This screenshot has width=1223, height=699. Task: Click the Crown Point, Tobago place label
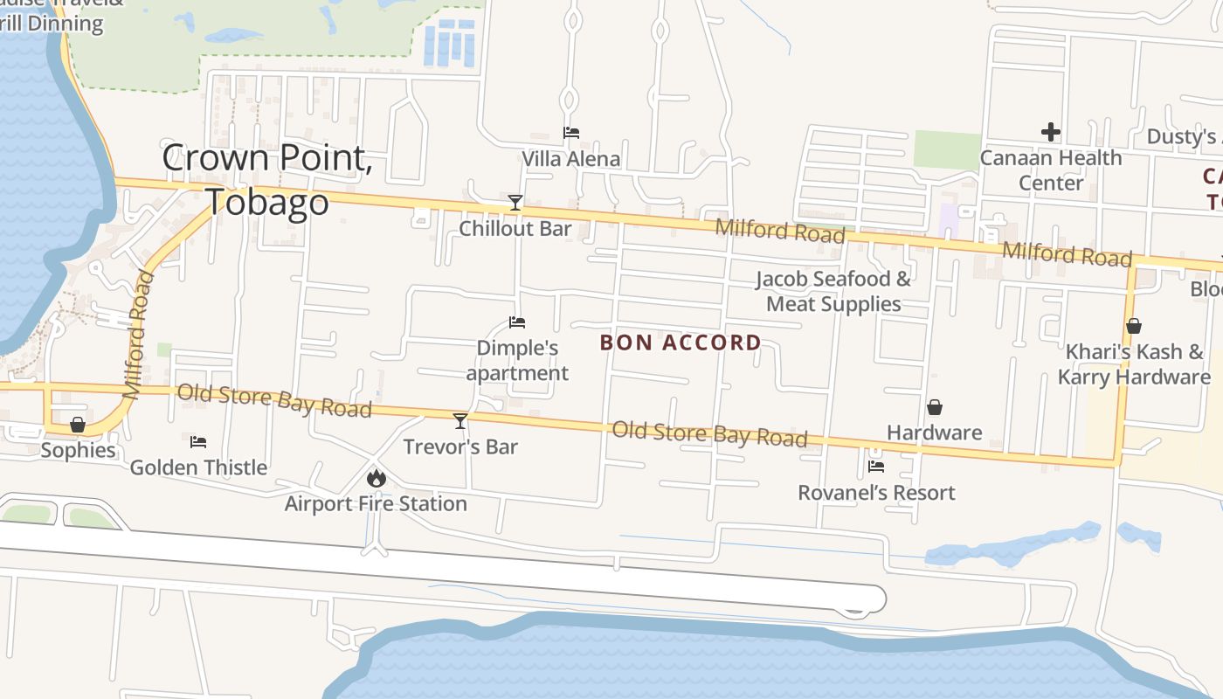coord(267,179)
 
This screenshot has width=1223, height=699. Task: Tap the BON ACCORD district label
coord(681,343)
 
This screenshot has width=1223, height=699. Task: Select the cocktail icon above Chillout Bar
coord(515,204)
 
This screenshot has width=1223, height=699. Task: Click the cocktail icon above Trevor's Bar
coord(460,421)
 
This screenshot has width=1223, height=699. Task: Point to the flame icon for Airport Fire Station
coord(377,478)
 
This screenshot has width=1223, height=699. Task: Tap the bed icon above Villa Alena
coord(571,133)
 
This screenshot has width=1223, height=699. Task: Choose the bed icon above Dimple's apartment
coord(517,322)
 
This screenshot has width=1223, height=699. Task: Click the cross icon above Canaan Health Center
coord(1051,133)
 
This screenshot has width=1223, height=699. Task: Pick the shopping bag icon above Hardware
coord(935,407)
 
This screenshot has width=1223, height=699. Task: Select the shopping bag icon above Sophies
coord(78,425)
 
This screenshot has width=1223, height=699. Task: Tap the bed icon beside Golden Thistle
coord(198,442)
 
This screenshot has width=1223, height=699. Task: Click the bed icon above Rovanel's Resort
coord(876,467)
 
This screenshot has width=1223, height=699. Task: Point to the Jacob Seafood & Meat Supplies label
coord(833,291)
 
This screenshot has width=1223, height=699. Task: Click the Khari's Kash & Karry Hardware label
coord(1134,364)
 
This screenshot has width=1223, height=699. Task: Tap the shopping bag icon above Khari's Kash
coord(1134,326)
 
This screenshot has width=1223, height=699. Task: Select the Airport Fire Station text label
coord(376,503)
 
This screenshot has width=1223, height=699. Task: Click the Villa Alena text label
coord(571,159)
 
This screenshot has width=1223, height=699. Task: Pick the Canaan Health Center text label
coord(1051,170)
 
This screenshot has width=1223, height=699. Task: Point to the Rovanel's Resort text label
coord(876,493)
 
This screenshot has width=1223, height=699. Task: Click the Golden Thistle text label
coord(198,467)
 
